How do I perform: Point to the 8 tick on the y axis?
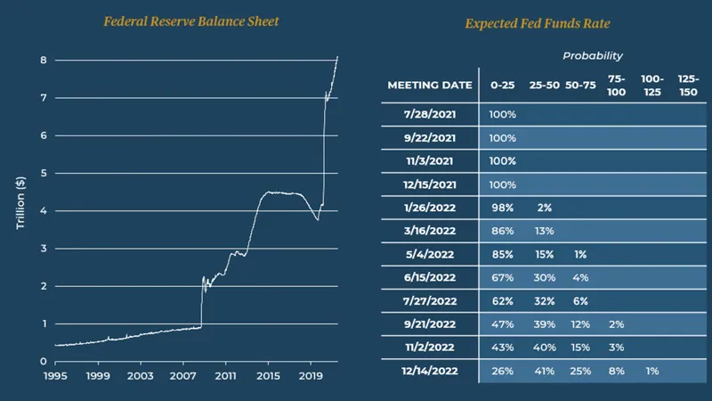click(42, 61)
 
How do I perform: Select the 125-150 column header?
click(688, 86)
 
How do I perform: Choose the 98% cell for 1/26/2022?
click(502, 208)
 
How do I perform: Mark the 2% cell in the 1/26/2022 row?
click(544, 208)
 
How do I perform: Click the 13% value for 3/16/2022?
click(544, 231)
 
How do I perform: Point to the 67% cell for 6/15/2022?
click(502, 277)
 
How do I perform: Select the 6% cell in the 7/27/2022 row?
click(581, 300)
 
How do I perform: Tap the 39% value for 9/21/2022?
click(544, 324)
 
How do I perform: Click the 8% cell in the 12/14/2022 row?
click(616, 371)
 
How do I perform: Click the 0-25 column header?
click(501, 86)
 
